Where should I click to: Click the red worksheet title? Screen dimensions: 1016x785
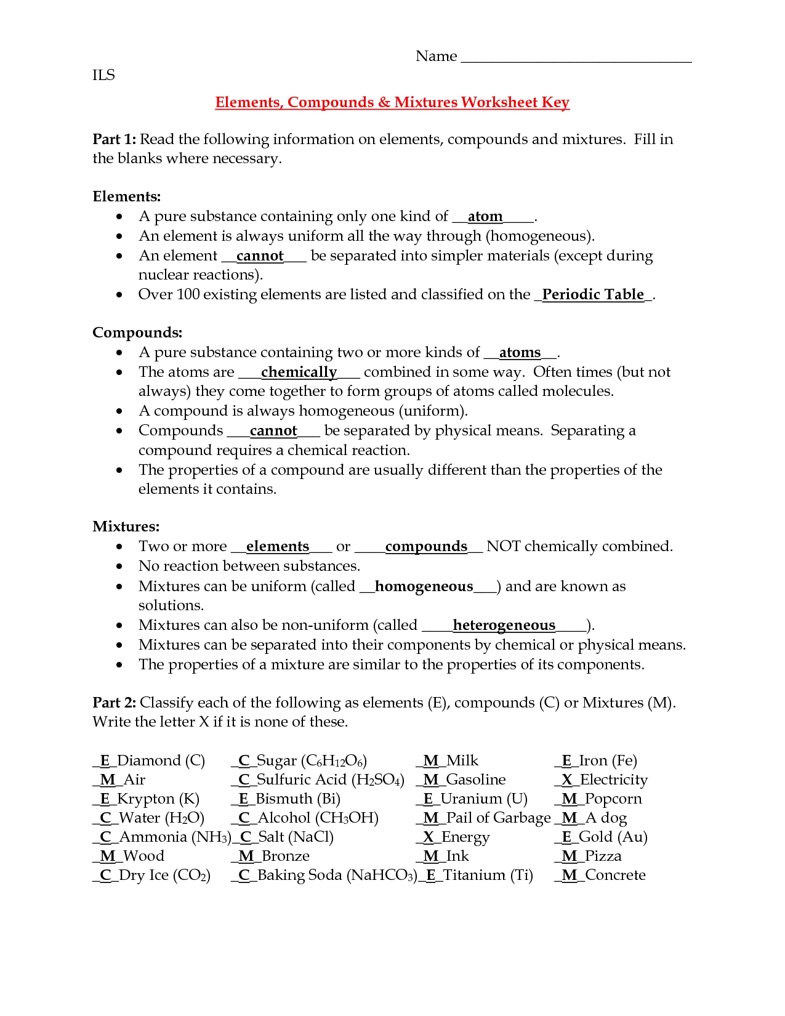tap(392, 102)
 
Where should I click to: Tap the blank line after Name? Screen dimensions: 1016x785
tap(576, 60)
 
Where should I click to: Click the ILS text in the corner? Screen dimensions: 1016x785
tap(103, 75)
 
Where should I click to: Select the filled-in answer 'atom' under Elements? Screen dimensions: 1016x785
tap(485, 217)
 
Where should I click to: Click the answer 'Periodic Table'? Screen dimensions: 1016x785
tap(593, 294)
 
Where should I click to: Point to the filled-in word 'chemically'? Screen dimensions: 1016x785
tap(299, 372)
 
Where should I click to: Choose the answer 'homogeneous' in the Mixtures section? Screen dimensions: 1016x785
tap(424, 586)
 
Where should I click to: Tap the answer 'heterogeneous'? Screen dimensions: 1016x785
tap(504, 626)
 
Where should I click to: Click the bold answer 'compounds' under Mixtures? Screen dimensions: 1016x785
tap(426, 547)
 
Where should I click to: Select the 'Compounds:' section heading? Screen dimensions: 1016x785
tap(137, 333)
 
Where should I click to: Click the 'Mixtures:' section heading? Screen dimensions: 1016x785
tap(126, 526)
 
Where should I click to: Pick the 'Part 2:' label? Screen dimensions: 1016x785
tap(114, 703)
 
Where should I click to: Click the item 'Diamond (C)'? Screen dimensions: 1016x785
tap(161, 760)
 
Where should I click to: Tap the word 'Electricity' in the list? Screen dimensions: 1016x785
tap(614, 780)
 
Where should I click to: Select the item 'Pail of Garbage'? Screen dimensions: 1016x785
tap(498, 818)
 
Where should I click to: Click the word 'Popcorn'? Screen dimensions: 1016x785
tap(613, 799)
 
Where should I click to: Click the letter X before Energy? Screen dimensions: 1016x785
tap(429, 837)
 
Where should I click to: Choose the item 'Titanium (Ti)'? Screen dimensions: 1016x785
tap(488, 875)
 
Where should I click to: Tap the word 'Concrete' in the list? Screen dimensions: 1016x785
tap(615, 875)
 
